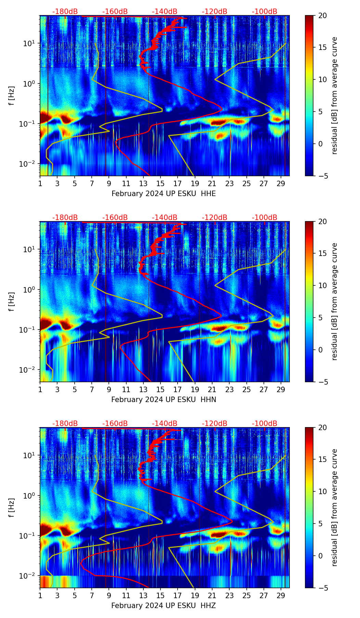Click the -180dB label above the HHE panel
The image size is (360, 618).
point(65,12)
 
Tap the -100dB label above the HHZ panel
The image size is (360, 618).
point(265,424)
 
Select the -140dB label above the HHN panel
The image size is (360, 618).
point(165,218)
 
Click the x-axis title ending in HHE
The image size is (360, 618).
point(164,194)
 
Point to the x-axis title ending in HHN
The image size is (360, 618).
point(164,400)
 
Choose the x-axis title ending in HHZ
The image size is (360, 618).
point(164,606)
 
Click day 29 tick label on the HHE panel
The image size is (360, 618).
point(281,183)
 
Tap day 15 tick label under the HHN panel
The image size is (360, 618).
point(160,389)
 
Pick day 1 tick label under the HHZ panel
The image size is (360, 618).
point(40,595)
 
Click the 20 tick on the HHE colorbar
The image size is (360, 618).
point(322,15)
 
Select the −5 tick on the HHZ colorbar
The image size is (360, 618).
point(322,588)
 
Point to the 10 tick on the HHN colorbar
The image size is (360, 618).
point(322,285)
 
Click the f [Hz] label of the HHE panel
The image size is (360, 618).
point(12,96)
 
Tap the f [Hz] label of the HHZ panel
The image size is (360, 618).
point(12,508)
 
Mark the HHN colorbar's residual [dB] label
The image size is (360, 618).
point(335,301)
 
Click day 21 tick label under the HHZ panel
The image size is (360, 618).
point(212,595)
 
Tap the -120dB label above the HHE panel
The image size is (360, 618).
point(215,12)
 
